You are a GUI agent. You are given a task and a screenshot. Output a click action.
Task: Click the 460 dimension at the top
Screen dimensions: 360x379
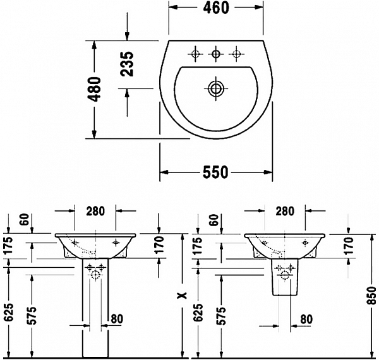coord(216,8)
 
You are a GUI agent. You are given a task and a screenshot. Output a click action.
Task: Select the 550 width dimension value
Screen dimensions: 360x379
coord(215,172)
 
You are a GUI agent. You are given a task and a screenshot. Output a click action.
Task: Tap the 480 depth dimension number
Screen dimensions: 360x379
coord(94,90)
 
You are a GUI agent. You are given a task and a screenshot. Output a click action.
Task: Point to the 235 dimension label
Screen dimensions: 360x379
coord(127,64)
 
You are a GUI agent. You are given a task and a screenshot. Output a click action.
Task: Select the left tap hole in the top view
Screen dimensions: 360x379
coord(195,54)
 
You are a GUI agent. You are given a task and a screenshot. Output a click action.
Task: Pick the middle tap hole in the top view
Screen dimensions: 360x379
coord(216,54)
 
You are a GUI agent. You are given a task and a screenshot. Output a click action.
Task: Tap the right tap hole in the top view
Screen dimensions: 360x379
coord(237,54)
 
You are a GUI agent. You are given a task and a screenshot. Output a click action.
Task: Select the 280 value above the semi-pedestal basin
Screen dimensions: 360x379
coord(285,211)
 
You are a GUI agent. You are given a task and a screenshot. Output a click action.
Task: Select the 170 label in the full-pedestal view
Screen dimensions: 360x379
coord(158,242)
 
